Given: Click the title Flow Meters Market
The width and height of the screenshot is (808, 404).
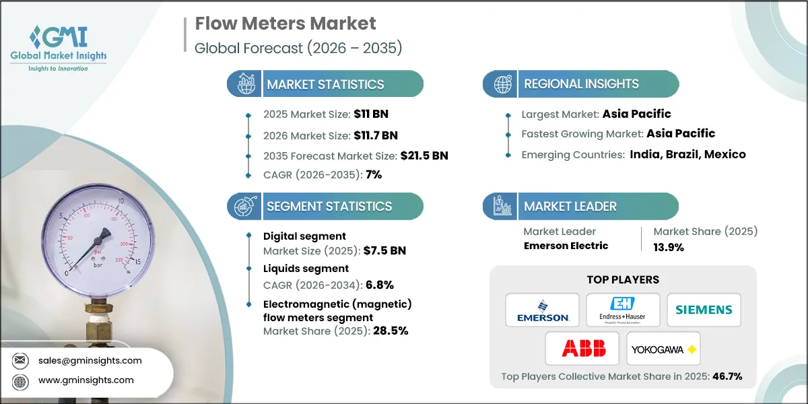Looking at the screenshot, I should coord(285,24).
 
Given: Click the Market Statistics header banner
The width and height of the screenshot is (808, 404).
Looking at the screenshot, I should coord(325,84).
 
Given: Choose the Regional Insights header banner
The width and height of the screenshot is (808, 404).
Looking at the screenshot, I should coord(581,84).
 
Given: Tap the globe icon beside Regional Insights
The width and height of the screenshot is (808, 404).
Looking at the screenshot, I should coord(502,84).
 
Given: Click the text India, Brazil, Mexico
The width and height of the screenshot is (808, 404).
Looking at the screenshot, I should coord(687,154).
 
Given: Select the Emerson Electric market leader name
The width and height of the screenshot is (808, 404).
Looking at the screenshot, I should coord(566,246).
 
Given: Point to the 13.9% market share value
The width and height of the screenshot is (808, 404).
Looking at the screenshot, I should coord(669,247).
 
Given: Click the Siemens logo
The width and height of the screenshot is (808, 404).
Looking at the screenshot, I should coord(704,310).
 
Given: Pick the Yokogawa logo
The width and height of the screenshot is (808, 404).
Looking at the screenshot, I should coord(663,348).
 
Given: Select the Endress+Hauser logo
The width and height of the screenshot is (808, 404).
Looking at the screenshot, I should coord(623,310).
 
